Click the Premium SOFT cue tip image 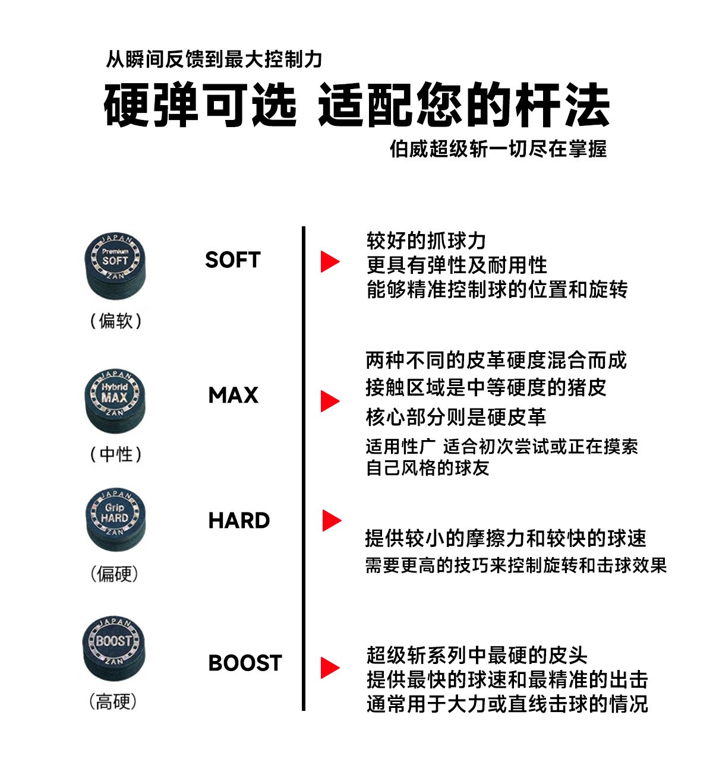click(115, 265)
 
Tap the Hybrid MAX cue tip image click(115, 400)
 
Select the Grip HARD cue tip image click(115, 519)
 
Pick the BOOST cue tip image click(113, 648)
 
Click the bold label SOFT click(233, 260)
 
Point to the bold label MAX click(234, 396)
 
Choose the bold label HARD click(239, 521)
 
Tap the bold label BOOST click(245, 663)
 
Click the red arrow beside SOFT click(330, 261)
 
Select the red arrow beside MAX click(330, 401)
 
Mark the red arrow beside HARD click(331, 520)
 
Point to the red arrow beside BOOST click(330, 668)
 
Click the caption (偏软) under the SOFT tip click(116, 321)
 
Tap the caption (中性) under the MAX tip click(116, 454)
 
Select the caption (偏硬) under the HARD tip click(115, 574)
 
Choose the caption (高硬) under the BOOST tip click(113, 702)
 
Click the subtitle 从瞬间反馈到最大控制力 click(214, 59)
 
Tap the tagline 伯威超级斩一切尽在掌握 click(498, 149)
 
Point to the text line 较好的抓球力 click(427, 241)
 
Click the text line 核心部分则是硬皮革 click(456, 417)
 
